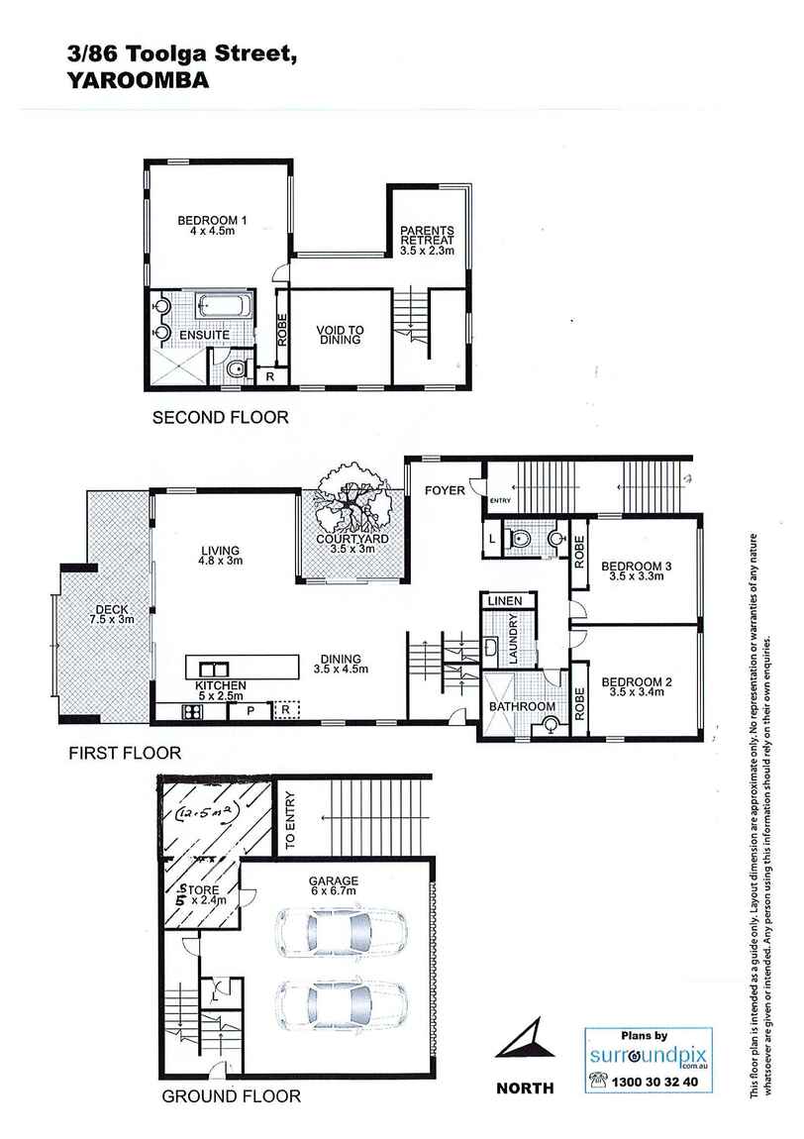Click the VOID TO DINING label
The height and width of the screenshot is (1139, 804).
[x=338, y=335]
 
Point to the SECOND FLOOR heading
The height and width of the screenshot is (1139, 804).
[x=220, y=418]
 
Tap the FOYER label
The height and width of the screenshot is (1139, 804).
[x=445, y=490]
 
